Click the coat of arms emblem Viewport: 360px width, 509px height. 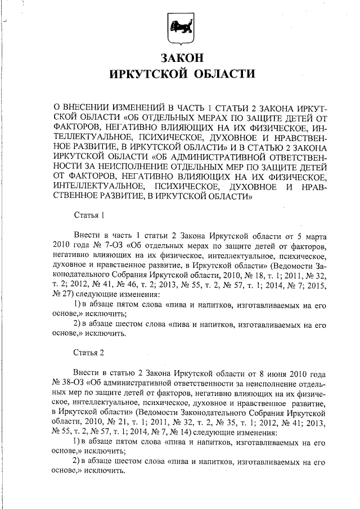click(181, 29)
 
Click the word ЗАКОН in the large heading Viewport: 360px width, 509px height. click(181, 58)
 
